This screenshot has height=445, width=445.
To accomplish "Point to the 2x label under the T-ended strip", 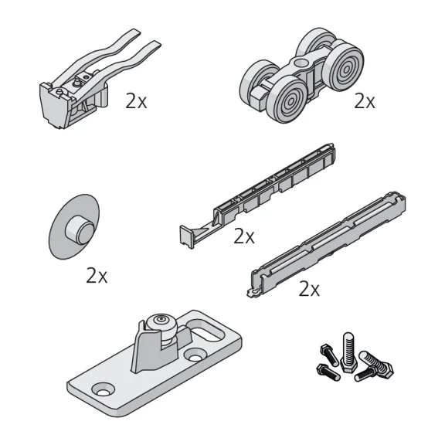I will pos(244,236).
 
